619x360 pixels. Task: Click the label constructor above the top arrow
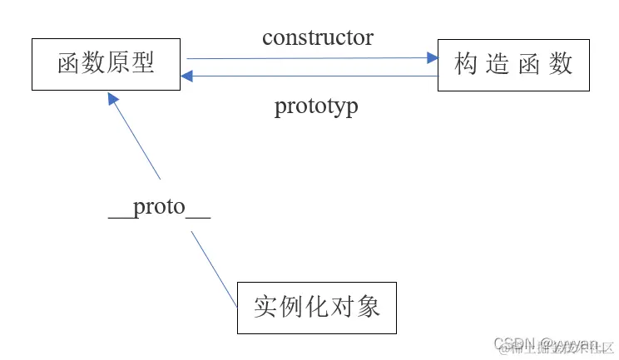(x=318, y=37)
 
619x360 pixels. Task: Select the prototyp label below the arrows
(x=316, y=106)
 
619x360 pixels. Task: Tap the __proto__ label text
(x=160, y=207)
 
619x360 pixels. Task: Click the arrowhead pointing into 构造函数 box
(x=432, y=58)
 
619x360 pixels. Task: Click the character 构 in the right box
(x=466, y=64)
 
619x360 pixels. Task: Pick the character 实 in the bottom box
(x=265, y=308)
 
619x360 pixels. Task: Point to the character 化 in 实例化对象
(x=318, y=308)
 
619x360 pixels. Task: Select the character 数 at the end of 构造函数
(x=562, y=64)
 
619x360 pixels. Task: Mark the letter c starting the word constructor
(x=267, y=38)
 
